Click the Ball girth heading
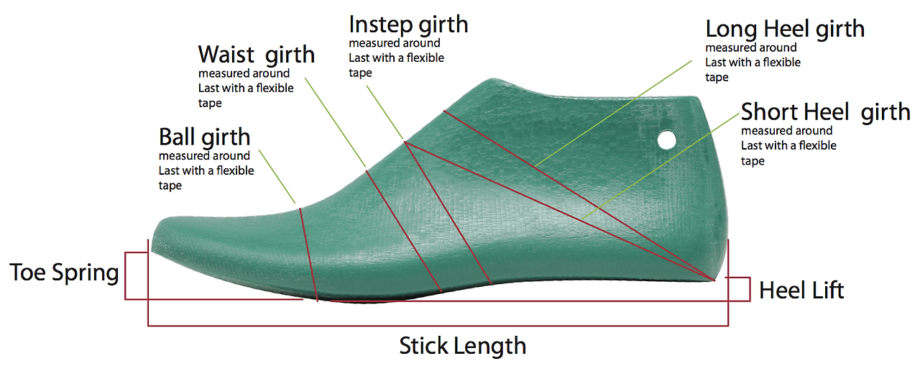coord(204,137)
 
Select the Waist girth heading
coord(256,54)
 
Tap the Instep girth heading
coord(408,24)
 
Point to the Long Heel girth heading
coord(785,29)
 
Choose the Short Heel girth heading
coord(825,112)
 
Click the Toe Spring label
coord(64,273)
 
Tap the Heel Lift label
coord(801,290)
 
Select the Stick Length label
coord(462,346)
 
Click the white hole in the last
coord(667,139)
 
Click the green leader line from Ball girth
coord(277,177)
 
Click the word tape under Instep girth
coord(360,73)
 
